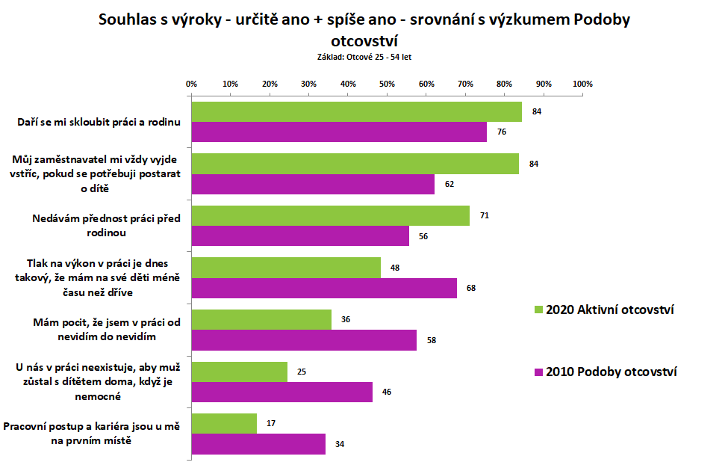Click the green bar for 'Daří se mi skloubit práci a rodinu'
357,112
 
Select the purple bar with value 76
340,132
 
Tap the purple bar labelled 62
314,184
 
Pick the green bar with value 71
331,216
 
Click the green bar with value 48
286,268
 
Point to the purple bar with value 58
305,340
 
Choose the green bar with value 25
240,372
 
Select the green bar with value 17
225,423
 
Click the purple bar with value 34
258,444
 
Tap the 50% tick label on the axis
387,84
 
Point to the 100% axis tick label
582,84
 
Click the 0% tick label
191,84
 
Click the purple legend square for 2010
539,372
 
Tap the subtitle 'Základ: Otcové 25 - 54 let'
364,55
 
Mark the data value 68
470,288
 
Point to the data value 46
386,392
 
